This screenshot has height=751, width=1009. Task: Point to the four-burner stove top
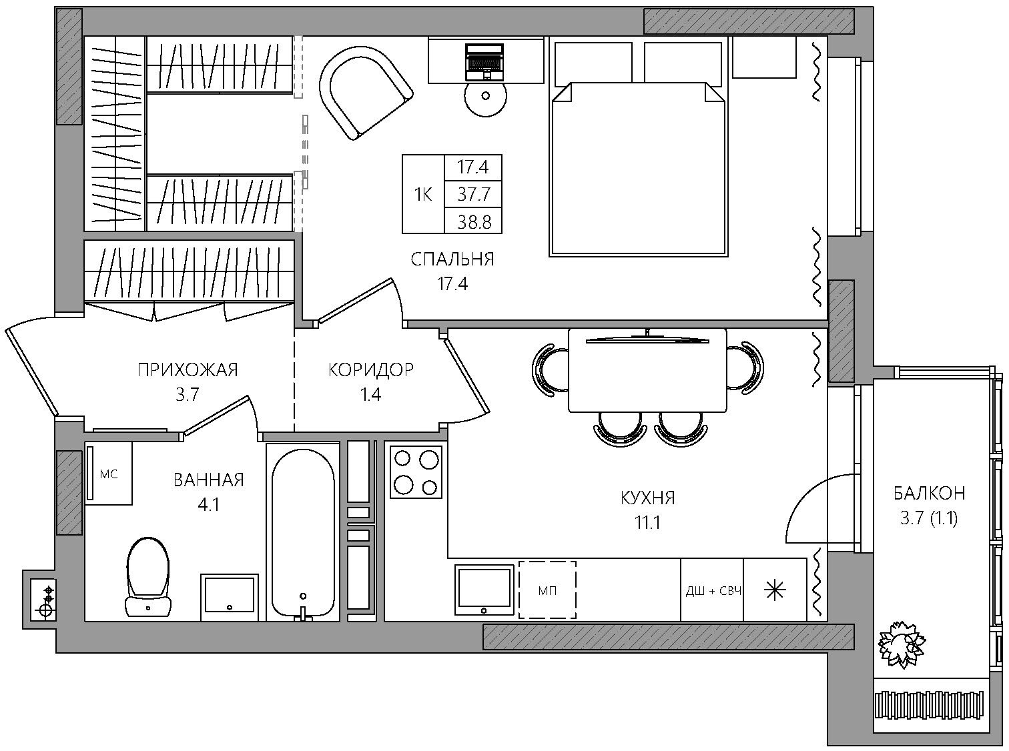416,472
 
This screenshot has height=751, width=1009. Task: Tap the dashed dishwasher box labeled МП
547,590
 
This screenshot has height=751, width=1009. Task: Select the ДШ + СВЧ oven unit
713,590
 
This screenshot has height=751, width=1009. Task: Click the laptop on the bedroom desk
484,62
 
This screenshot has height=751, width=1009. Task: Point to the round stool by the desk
485,96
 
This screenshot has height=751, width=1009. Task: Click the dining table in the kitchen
648,370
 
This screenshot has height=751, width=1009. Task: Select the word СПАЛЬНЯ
452,259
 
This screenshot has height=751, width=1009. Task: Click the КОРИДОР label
371,369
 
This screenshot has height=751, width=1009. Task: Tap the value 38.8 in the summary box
474,223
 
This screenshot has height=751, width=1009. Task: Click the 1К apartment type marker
423,195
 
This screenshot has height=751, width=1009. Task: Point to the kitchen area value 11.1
647,523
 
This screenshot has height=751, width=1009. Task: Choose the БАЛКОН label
929,493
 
